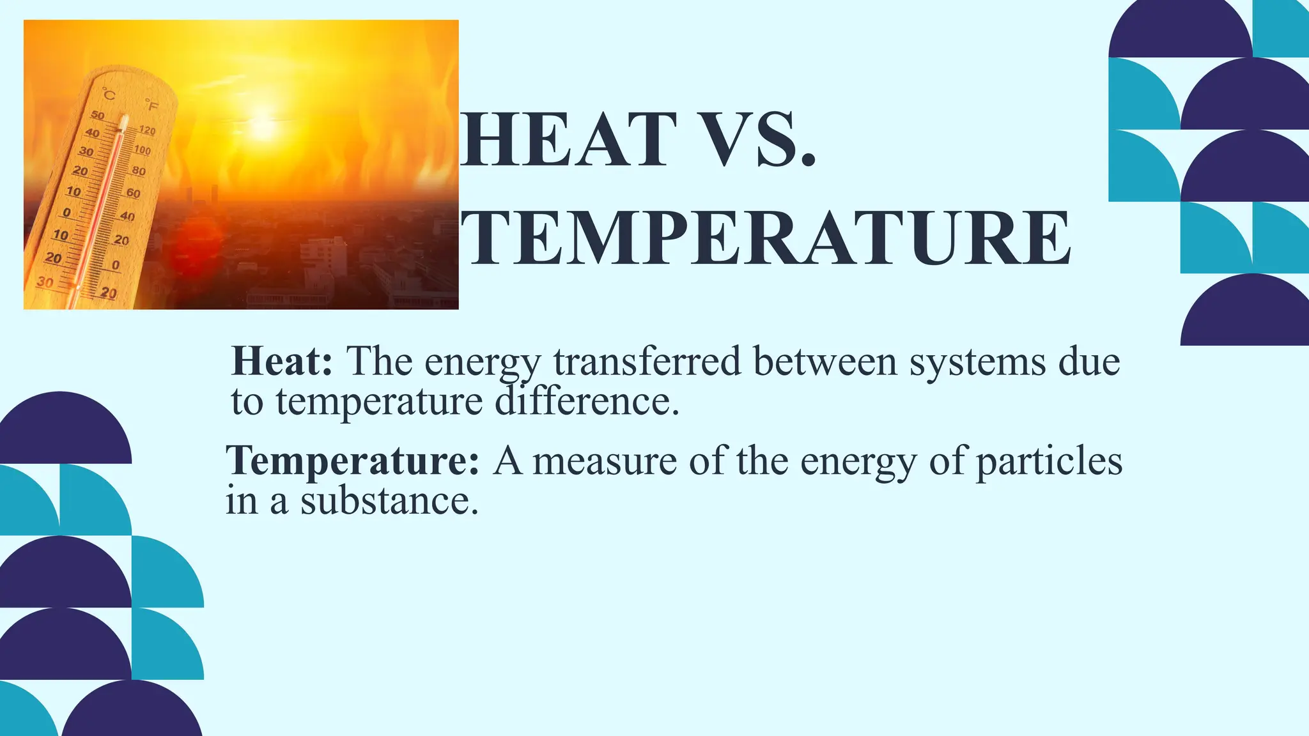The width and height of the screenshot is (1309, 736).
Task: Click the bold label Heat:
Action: coord(282,361)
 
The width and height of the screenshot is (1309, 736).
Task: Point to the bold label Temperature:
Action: coord(352,461)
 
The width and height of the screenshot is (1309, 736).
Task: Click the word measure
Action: coord(604,461)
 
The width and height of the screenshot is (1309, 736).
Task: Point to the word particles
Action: coord(1049,462)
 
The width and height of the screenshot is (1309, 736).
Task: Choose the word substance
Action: coord(389,501)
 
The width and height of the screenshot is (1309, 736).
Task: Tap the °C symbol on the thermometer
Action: coord(109,95)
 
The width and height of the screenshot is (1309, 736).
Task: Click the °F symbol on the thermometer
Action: coord(151,105)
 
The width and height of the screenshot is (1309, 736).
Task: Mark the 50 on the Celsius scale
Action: coord(97,116)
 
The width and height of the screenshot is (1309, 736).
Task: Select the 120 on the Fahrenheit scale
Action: coord(147,130)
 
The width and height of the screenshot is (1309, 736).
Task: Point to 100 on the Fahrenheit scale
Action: coord(143,151)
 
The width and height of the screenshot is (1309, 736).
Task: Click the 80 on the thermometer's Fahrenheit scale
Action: coord(138,171)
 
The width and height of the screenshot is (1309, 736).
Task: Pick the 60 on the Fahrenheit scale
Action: coord(133,193)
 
